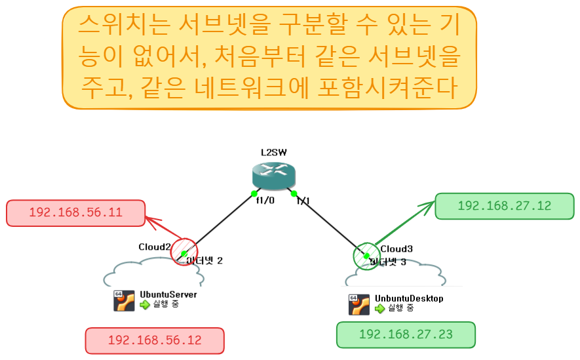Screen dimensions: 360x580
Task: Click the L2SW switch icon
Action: [x=274, y=176]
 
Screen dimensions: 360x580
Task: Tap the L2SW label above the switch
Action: [x=274, y=152]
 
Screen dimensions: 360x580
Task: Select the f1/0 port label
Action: [x=265, y=201]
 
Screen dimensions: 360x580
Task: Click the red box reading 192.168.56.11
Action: [x=75, y=213]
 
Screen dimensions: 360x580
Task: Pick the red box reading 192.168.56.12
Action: [x=155, y=341]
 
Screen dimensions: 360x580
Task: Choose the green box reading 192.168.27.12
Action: [x=504, y=206]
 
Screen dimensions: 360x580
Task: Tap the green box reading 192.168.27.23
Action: [x=406, y=334]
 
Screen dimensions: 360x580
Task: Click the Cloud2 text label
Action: [x=155, y=247]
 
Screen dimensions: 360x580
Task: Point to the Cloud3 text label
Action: [x=397, y=249]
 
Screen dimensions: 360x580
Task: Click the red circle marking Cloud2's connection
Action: [x=184, y=252]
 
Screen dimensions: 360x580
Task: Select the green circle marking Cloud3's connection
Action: [x=366, y=256]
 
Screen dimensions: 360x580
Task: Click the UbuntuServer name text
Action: [x=168, y=295]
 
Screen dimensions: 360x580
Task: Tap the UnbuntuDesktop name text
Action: [x=409, y=299]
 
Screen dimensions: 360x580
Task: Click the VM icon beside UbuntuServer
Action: [x=125, y=300]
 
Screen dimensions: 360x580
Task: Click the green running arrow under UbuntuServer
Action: [x=145, y=305]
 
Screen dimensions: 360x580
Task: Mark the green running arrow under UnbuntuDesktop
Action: [x=379, y=309]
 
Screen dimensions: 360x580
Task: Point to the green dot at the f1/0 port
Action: [x=254, y=193]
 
